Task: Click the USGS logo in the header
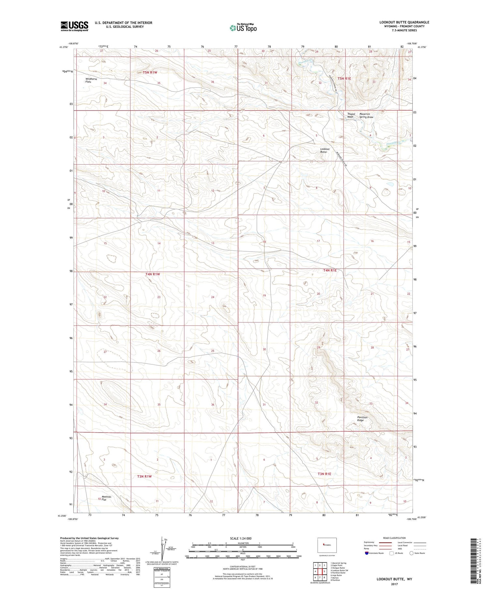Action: click(x=74, y=26)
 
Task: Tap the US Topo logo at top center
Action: click(x=243, y=28)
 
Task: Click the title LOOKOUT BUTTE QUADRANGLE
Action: click(x=404, y=22)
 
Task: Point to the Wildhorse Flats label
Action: click(x=91, y=80)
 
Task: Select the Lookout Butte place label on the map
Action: click(x=324, y=150)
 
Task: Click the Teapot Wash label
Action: click(x=351, y=115)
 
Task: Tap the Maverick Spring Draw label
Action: click(x=366, y=115)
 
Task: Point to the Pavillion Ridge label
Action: click(x=362, y=419)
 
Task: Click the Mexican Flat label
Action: click(x=106, y=498)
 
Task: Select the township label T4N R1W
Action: click(x=153, y=274)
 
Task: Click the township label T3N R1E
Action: click(x=324, y=474)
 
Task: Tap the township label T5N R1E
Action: click(x=344, y=78)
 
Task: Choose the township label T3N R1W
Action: click(x=144, y=476)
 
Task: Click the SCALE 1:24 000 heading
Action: click(x=241, y=538)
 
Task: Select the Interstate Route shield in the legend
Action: click(x=367, y=553)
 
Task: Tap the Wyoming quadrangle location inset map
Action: click(x=327, y=545)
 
